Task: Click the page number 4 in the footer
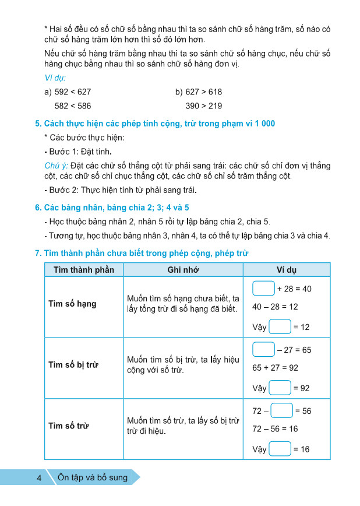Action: pyautogui.click(x=38, y=478)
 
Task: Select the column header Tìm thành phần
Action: pyautogui.click(x=83, y=270)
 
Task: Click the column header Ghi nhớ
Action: pyautogui.click(x=183, y=270)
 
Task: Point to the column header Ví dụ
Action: pyautogui.click(x=286, y=270)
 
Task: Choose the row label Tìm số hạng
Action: pyautogui.click(x=72, y=304)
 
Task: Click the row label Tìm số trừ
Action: pyautogui.click(x=68, y=426)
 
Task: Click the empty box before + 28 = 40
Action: pyautogui.click(x=264, y=289)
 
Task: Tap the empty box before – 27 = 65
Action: pyautogui.click(x=264, y=350)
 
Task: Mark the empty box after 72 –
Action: pyautogui.click(x=282, y=411)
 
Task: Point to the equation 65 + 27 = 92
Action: pyautogui.click(x=275, y=368)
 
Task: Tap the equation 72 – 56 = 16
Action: pyautogui.click(x=275, y=428)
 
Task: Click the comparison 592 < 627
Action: pyautogui.click(x=73, y=92)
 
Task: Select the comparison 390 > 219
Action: pyautogui.click(x=204, y=106)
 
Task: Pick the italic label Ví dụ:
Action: pyautogui.click(x=55, y=78)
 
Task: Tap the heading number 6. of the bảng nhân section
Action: pyautogui.click(x=38, y=208)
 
